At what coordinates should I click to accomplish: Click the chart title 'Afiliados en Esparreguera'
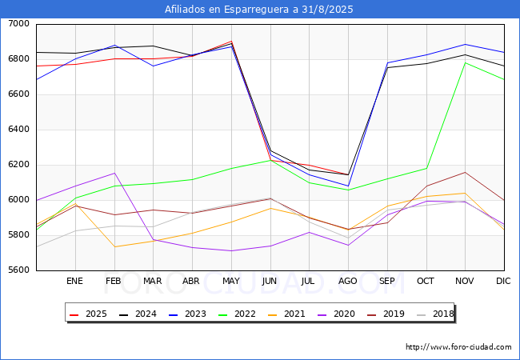point(259,10)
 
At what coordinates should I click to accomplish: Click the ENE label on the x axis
point(74,282)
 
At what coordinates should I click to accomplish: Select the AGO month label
point(347,282)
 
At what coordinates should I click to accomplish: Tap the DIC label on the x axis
point(503,282)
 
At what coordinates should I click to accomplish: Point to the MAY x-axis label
point(230,282)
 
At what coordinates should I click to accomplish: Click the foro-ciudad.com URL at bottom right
point(458,347)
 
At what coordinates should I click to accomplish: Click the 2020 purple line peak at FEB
point(114,173)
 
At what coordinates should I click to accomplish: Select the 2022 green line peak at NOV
point(465,62)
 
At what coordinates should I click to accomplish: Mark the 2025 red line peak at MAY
point(231,42)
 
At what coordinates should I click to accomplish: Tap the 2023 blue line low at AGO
point(348,186)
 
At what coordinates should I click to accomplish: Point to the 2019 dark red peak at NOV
point(465,172)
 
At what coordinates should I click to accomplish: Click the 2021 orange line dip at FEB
point(114,246)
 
